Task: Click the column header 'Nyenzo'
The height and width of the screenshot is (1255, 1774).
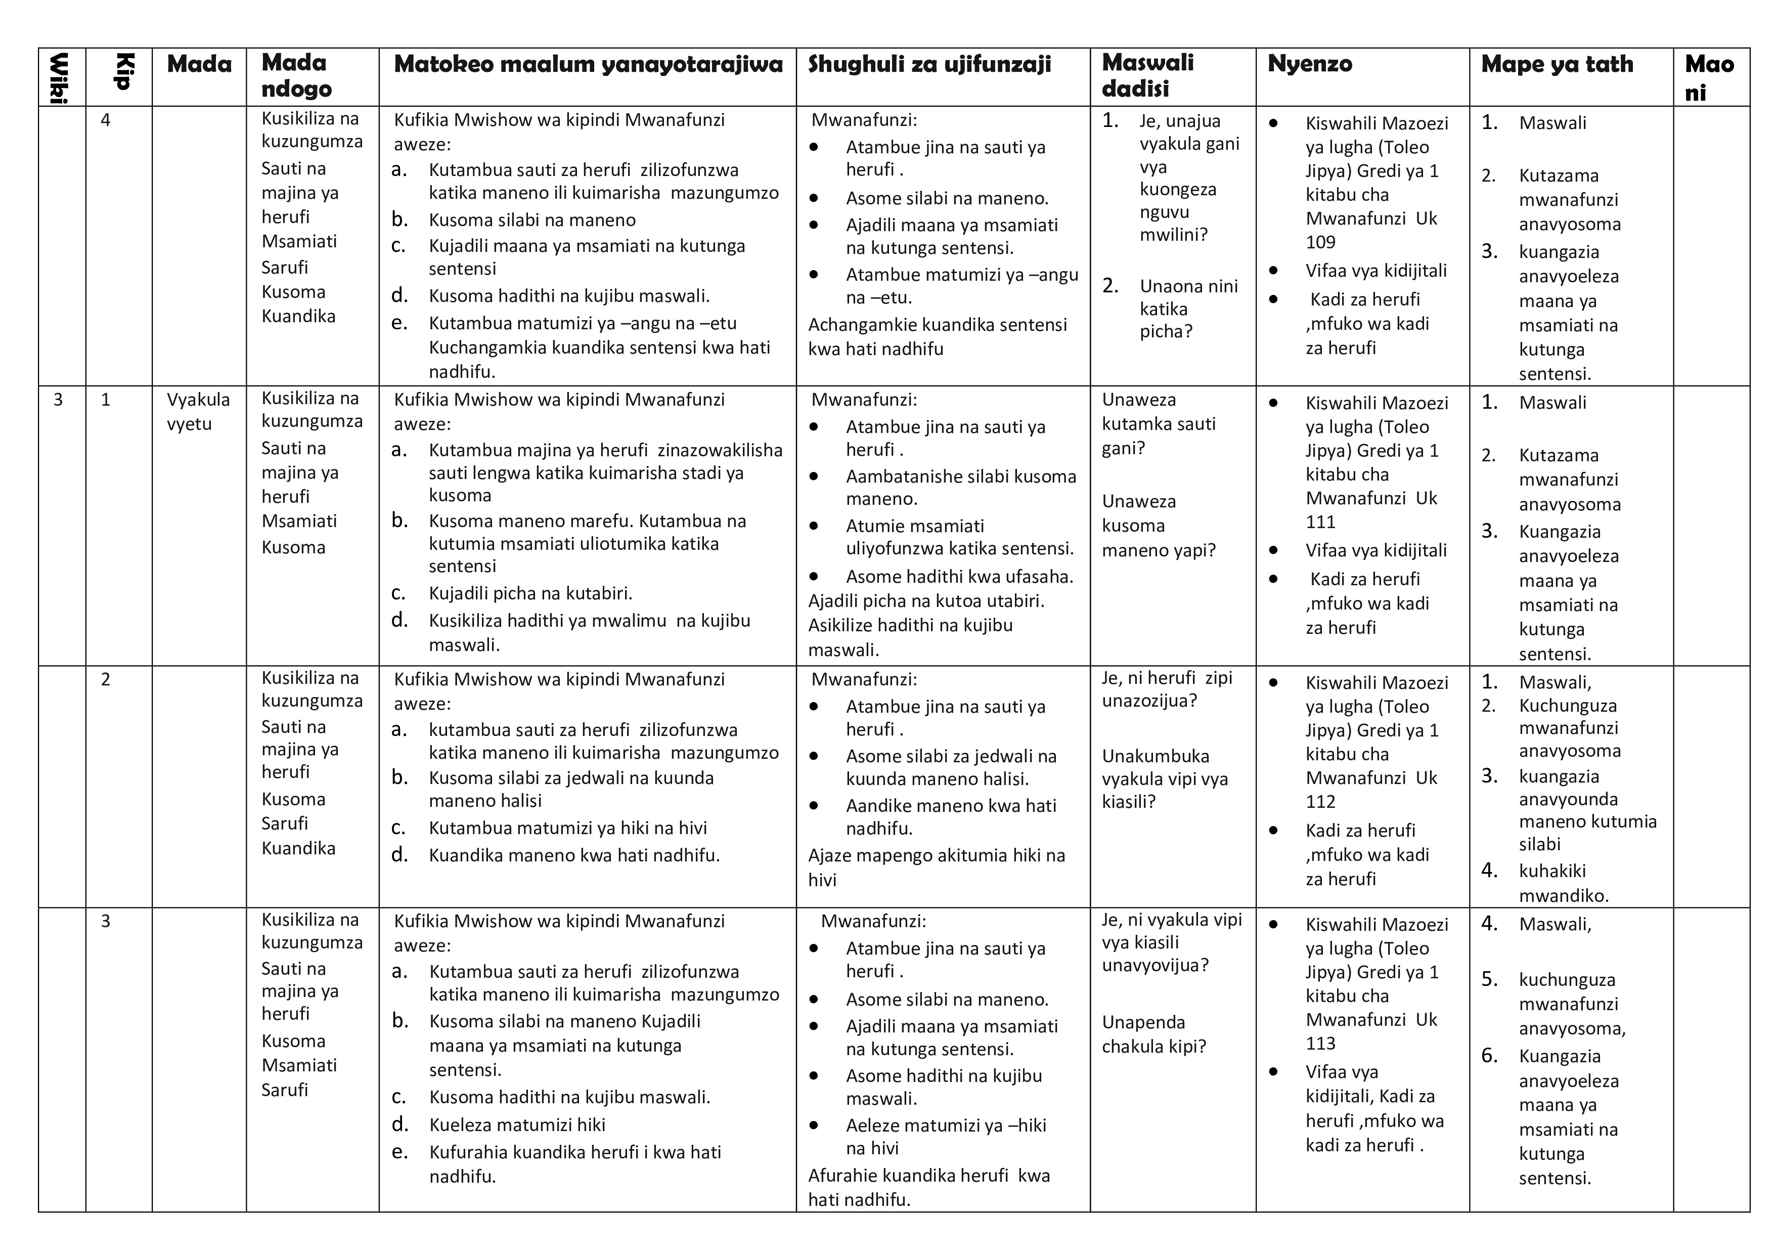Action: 1310,64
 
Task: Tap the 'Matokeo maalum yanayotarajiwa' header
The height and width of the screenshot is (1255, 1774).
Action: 588,64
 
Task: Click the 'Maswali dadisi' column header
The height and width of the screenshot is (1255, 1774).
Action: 1147,76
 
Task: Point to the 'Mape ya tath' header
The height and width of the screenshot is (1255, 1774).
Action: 1557,64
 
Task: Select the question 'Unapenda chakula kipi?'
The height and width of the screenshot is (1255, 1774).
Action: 1154,1034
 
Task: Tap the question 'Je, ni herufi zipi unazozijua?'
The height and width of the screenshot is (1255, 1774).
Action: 1167,689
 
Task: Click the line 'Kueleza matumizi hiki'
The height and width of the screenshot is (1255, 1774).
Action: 517,1125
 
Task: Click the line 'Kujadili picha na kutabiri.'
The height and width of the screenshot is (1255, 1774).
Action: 531,593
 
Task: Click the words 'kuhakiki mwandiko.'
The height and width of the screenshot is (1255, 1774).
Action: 1563,883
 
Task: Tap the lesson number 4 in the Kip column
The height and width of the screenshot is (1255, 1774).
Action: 106,120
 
